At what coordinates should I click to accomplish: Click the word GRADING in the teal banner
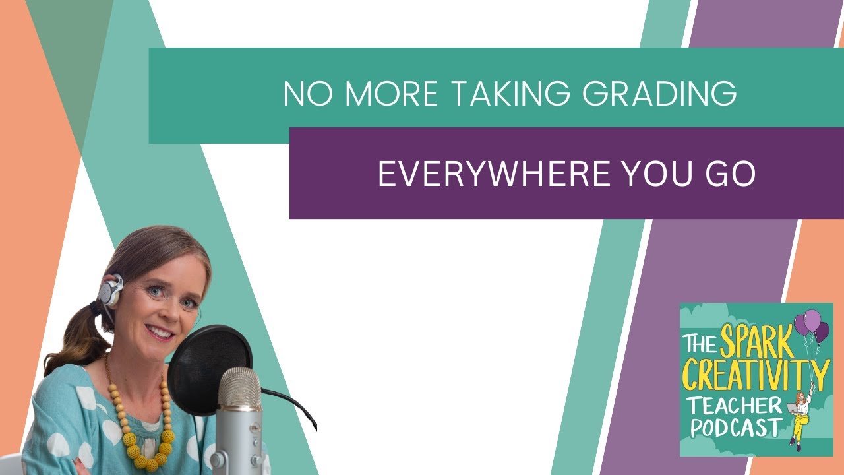click(x=660, y=94)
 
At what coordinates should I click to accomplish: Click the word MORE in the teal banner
click(x=391, y=94)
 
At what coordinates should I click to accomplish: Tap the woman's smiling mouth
click(x=160, y=331)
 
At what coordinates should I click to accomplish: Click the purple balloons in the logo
click(x=811, y=325)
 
